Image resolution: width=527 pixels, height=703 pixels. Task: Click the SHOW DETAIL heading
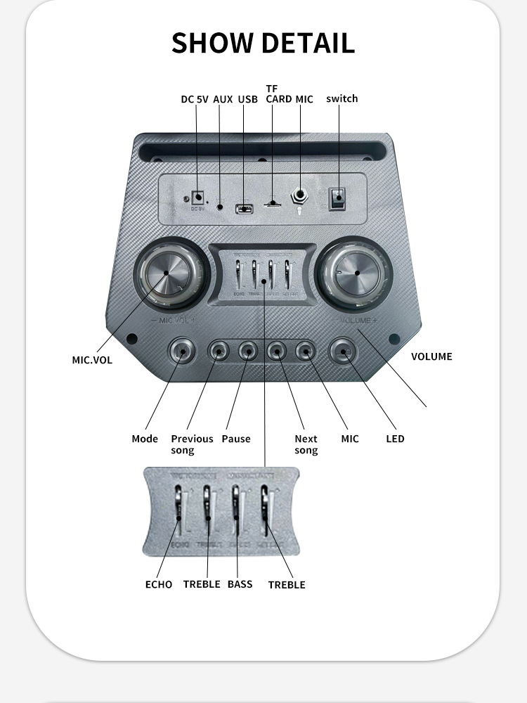[x=263, y=43]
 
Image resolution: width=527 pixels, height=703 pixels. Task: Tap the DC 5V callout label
[x=195, y=100]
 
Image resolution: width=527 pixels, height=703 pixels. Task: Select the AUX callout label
[x=223, y=100]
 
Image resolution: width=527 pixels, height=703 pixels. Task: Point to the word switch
[x=342, y=98]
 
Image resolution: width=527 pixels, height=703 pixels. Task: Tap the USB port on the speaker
[x=244, y=208]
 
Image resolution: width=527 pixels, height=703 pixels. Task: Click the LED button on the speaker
[x=343, y=350]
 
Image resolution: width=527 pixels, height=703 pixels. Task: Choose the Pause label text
[x=236, y=439]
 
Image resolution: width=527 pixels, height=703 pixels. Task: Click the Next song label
[x=306, y=444]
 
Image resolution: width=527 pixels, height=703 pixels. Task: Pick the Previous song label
[x=192, y=444]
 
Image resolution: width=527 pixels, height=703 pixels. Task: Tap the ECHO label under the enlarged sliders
[x=159, y=584]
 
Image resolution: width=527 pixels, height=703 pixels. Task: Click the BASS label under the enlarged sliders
[x=240, y=584]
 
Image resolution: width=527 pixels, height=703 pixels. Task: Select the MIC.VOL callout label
[x=92, y=360]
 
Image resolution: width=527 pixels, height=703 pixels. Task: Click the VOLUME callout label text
[x=431, y=356]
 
